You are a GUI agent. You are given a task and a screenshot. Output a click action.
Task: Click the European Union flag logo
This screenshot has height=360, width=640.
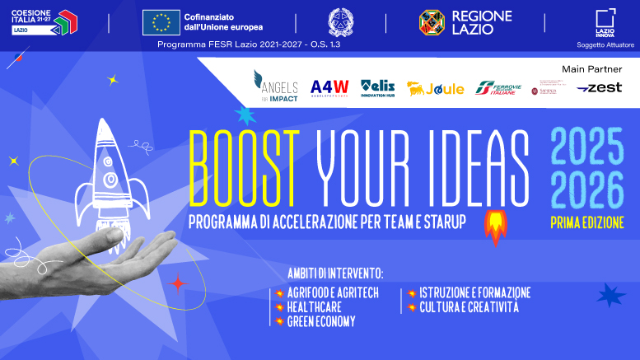161,22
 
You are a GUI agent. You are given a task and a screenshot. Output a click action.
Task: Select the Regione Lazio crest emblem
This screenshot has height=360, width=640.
433,22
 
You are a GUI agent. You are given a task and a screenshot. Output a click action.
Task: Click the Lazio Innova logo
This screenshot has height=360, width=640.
605,22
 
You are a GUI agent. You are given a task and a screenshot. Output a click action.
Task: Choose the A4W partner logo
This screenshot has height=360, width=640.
329,87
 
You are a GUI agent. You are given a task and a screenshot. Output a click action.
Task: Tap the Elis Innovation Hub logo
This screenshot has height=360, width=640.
378,86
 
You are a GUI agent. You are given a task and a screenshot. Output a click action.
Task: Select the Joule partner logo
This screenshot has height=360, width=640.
436,88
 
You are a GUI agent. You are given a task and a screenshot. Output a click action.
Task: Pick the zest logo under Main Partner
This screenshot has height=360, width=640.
599,88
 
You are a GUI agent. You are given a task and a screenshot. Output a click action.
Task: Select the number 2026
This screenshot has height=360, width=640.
587,191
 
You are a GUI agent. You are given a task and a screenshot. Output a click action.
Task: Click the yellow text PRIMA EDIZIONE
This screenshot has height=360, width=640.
587,222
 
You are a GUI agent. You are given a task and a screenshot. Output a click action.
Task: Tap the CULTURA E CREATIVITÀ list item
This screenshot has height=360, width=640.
469,307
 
